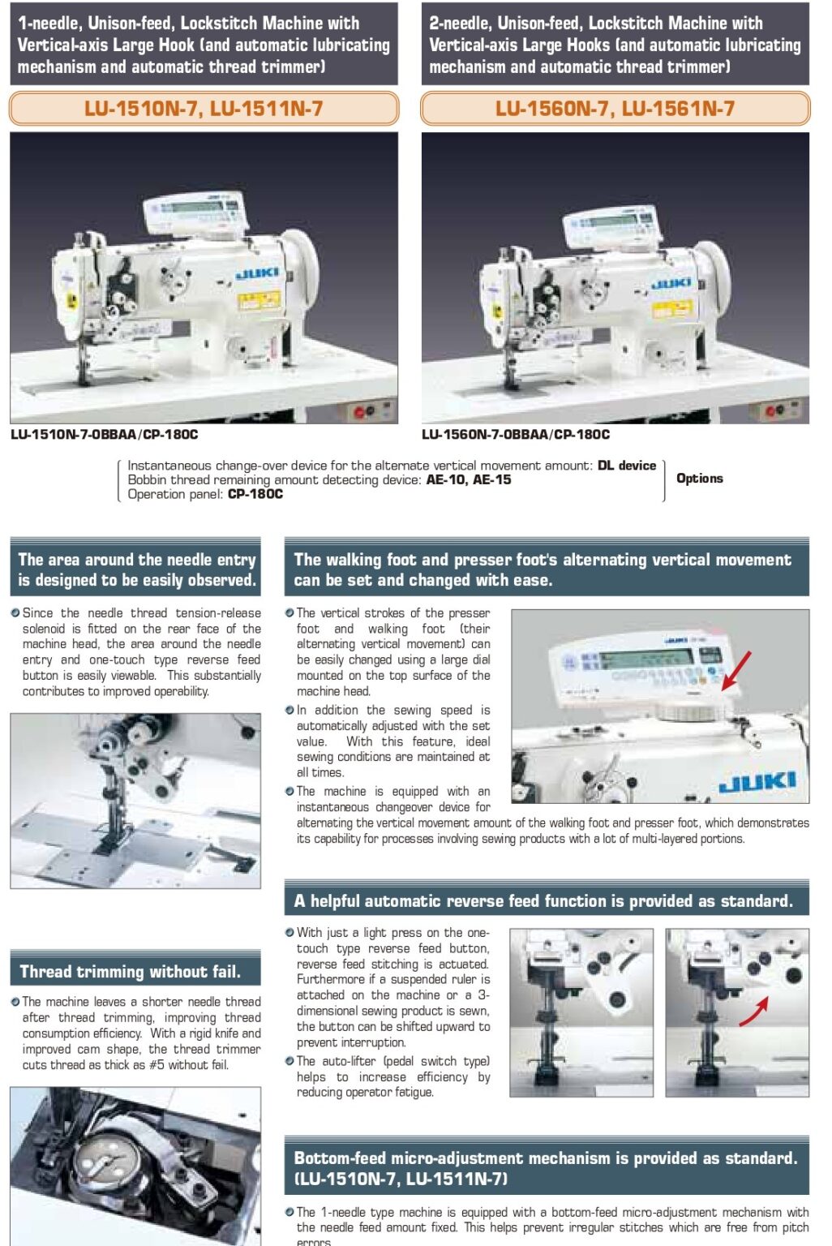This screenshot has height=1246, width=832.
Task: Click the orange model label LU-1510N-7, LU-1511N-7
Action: pos(204,109)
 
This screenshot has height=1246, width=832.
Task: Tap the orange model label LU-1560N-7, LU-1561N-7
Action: pos(615,109)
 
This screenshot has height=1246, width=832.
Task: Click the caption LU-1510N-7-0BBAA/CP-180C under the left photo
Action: pos(104,435)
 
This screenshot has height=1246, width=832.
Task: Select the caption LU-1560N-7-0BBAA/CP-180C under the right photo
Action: pos(516,435)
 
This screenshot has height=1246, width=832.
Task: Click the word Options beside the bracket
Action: pos(699,479)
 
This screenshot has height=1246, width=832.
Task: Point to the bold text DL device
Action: pos(627,466)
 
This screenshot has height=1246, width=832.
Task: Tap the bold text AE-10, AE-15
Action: pos(469,480)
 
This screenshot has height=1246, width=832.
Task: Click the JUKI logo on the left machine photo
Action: pos(258,274)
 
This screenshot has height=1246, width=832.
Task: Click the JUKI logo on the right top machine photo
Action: pos(671,283)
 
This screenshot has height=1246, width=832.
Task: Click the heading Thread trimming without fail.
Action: pos(130,972)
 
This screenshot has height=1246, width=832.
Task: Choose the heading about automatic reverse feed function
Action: pos(543,901)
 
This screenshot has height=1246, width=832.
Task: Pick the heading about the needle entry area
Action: pos(136,569)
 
